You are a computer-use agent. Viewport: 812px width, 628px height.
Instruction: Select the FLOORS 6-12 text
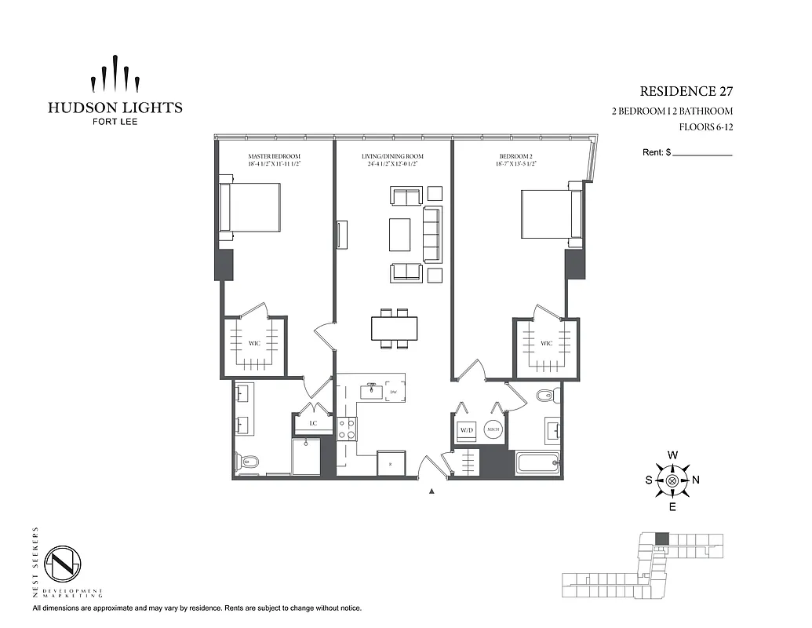tap(706, 126)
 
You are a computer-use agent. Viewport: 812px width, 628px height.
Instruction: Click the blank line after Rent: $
tap(703, 154)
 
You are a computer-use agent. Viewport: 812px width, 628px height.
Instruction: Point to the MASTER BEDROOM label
tap(274, 156)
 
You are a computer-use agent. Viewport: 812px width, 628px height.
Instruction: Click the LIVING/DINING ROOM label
tap(389, 156)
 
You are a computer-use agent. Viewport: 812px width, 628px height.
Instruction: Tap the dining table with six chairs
tap(395, 328)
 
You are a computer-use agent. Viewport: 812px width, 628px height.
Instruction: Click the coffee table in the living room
tap(399, 233)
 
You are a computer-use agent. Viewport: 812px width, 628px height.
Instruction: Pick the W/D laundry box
tap(467, 430)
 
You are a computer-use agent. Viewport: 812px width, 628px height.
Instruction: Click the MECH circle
tap(493, 430)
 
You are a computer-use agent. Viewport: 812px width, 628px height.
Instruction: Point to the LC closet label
tap(312, 424)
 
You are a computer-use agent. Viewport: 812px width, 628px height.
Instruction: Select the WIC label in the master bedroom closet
tap(253, 344)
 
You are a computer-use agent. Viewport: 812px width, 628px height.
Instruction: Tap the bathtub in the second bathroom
tap(537, 462)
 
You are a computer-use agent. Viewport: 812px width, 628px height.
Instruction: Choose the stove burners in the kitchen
tap(346, 429)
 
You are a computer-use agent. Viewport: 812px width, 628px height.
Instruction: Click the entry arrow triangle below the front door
tap(431, 492)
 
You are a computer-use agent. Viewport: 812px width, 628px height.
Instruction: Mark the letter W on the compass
tap(672, 455)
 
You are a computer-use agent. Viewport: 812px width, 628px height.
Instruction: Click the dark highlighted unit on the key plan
tap(661, 539)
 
